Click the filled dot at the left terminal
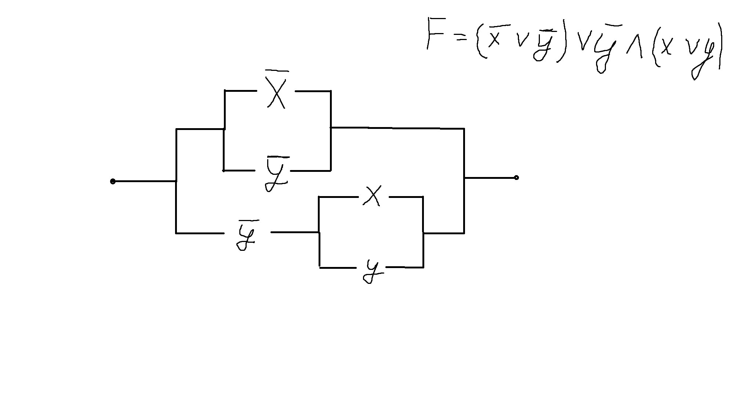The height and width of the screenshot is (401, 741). (113, 181)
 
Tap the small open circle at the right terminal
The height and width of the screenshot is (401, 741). (516, 178)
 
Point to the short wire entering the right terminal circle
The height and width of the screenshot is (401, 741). (490, 178)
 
